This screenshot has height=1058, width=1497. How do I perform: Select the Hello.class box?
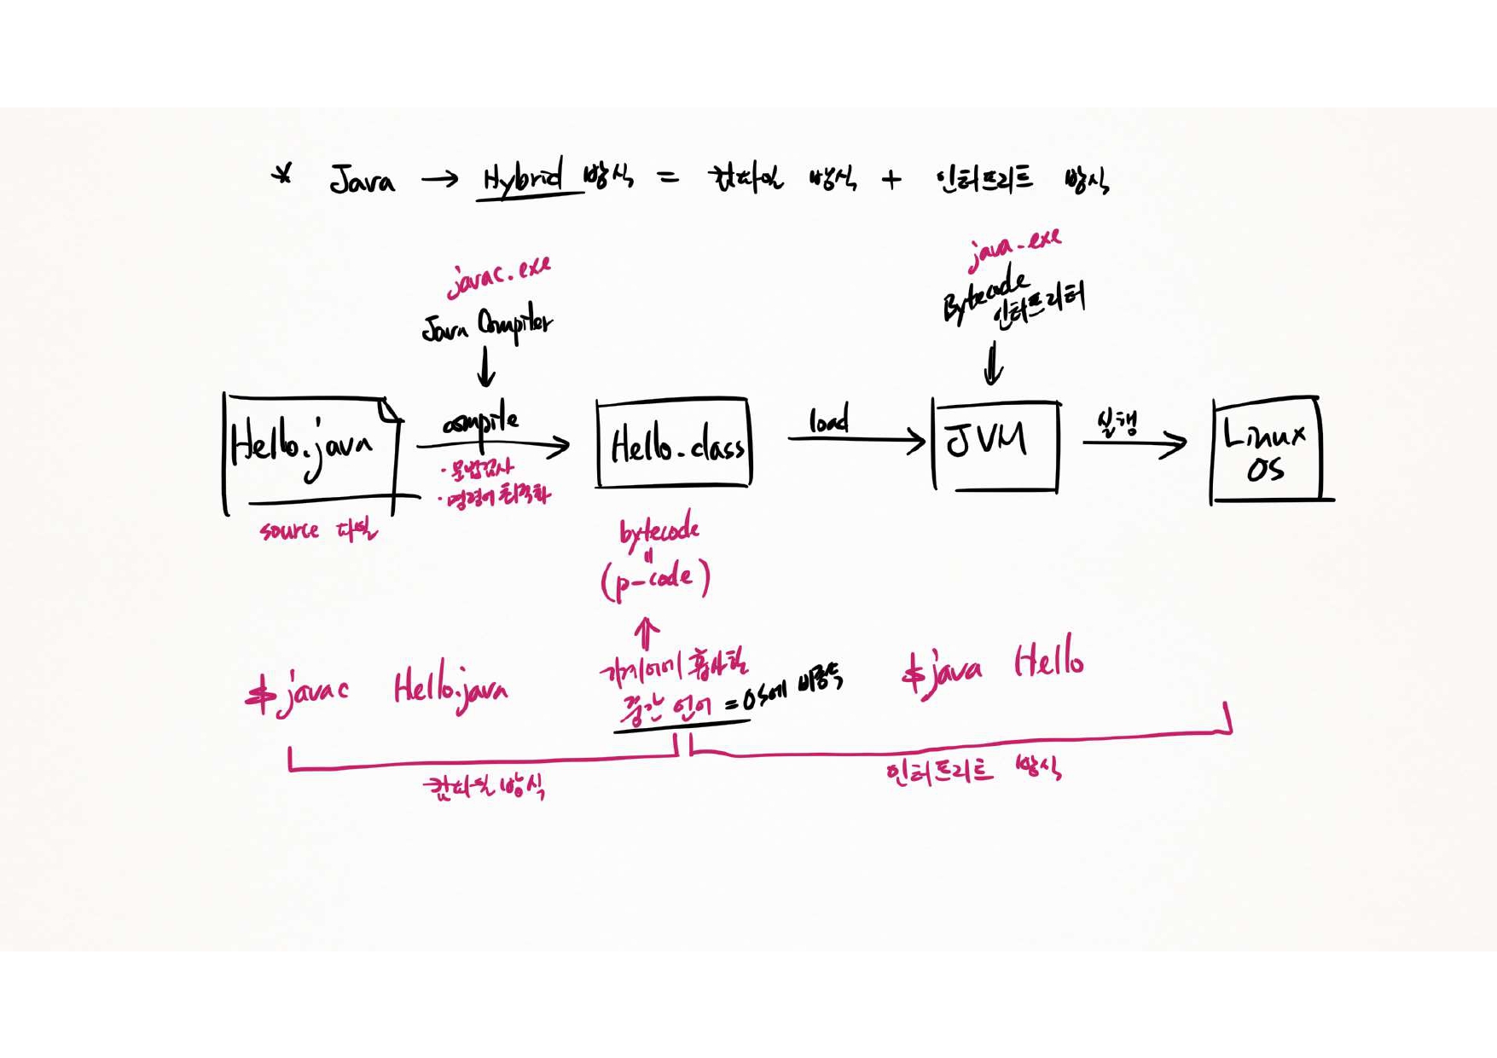click(x=674, y=443)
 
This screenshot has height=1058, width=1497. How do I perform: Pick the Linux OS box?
click(x=1266, y=449)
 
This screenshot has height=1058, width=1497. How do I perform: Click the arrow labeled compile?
click(x=493, y=445)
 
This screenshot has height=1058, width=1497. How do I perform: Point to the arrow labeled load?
click(x=856, y=439)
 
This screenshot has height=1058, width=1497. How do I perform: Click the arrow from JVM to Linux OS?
click(x=1134, y=442)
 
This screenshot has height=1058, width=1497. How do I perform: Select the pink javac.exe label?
click(x=499, y=276)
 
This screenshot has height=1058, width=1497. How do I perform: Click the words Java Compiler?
click(x=487, y=325)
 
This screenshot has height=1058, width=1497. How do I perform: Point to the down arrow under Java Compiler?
click(x=486, y=367)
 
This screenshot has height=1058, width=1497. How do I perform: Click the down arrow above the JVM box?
click(x=993, y=363)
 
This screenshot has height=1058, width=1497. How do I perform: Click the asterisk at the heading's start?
click(x=282, y=175)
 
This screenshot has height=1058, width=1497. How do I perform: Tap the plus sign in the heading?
click(x=891, y=180)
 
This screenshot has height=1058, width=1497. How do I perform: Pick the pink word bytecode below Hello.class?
click(x=659, y=532)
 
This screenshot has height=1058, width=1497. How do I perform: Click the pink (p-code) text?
click(x=655, y=580)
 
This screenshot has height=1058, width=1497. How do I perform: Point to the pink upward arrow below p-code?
click(x=647, y=634)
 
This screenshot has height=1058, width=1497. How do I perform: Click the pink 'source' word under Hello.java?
click(x=290, y=531)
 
